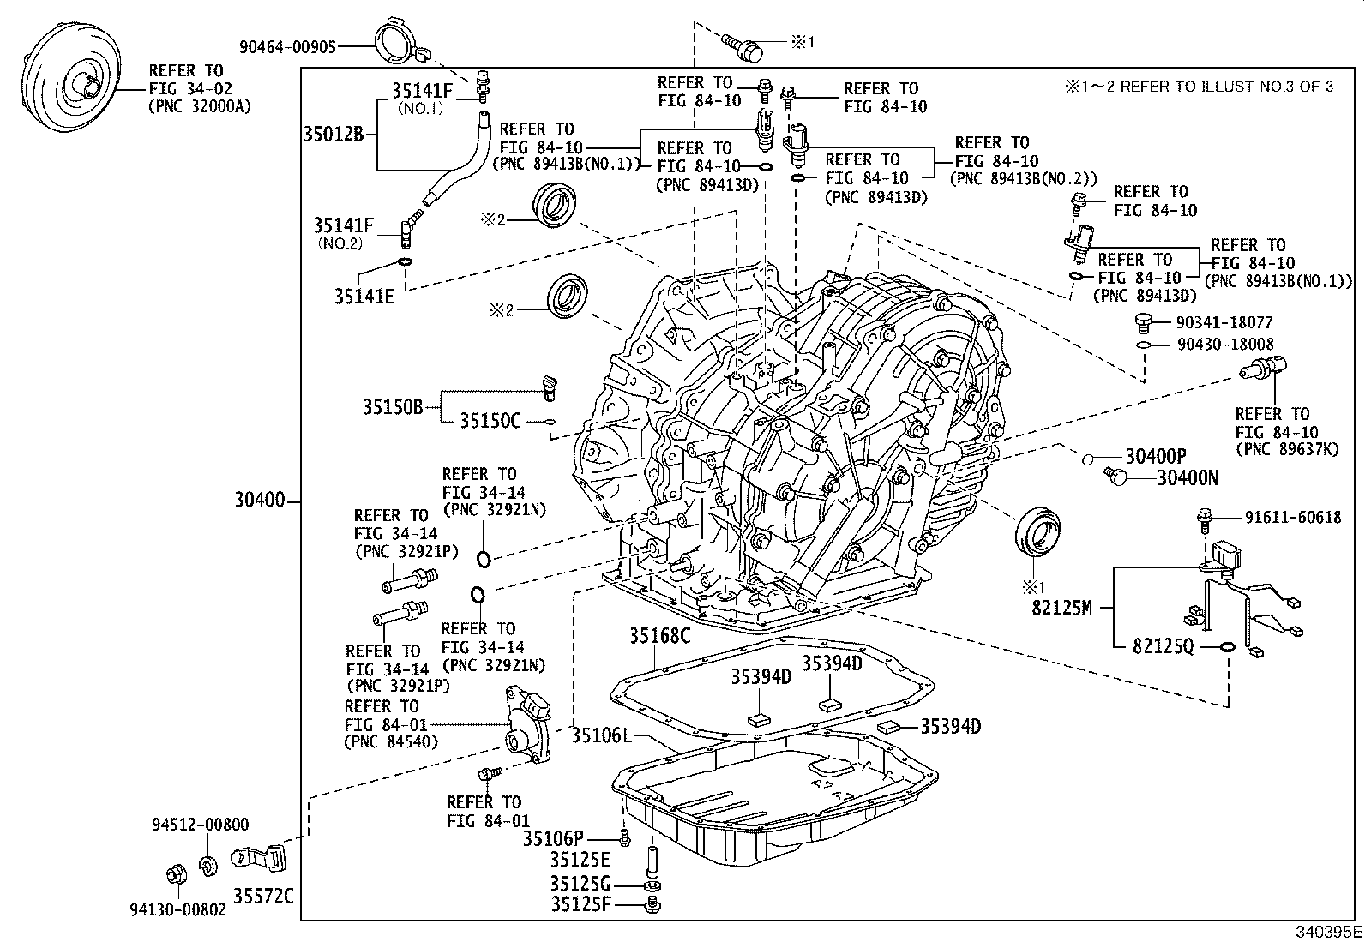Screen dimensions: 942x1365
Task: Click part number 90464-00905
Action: click(x=287, y=47)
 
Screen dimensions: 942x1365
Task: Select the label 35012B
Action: click(x=334, y=134)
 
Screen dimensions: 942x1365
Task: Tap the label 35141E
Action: click(x=364, y=297)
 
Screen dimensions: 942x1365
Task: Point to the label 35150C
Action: click(x=490, y=421)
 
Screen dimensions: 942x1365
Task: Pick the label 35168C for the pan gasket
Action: click(x=659, y=636)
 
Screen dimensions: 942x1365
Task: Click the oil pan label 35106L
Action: click(x=601, y=735)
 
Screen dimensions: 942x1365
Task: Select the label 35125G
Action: click(x=580, y=884)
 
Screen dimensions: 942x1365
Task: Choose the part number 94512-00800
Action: click(x=201, y=825)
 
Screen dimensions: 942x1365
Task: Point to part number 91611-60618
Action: click(x=1293, y=517)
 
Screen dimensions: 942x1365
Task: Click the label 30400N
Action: click(x=1188, y=477)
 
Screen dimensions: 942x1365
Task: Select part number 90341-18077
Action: click(x=1224, y=322)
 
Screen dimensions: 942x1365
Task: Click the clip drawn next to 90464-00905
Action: click(x=398, y=41)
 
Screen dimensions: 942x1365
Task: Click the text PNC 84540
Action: click(x=390, y=741)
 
